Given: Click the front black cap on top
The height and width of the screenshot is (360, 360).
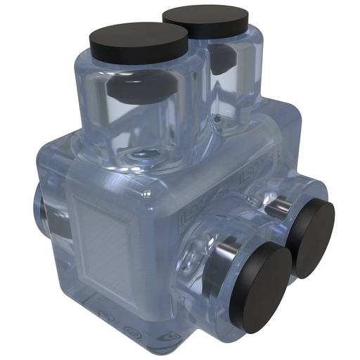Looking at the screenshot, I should tap(139, 41).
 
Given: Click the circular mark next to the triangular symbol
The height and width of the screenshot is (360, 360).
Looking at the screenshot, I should tap(129, 328).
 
